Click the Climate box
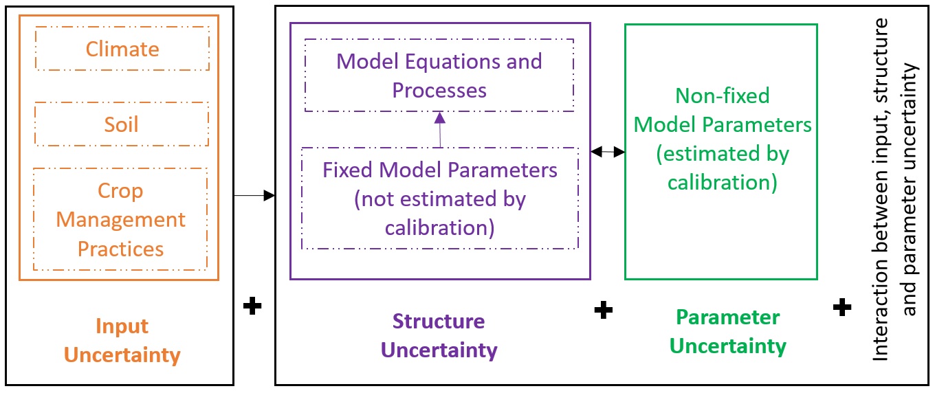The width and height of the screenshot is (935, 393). point(122,49)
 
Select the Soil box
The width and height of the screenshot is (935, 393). point(122,124)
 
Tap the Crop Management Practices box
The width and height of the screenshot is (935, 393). point(120,219)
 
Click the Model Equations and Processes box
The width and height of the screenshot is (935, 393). point(439,76)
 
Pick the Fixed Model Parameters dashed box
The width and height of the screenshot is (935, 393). point(440,198)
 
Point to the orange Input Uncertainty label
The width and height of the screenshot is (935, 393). point(122,341)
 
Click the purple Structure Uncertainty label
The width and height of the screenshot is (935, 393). point(439,335)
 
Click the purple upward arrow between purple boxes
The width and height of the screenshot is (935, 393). point(440,130)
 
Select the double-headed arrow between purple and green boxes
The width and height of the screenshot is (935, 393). point(608,151)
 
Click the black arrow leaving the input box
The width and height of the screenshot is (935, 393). point(254,196)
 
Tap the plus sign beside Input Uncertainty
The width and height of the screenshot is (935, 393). point(253,306)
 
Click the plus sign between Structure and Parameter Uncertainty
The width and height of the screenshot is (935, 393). point(603,310)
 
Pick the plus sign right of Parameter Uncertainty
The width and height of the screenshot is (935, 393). point(842,307)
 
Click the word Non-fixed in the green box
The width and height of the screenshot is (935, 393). point(723,96)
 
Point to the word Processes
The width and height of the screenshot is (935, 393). point(439,91)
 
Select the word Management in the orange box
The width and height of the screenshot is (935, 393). point(120,220)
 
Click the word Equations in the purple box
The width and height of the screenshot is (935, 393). point(459,61)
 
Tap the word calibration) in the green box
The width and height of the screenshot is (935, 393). point(723,183)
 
